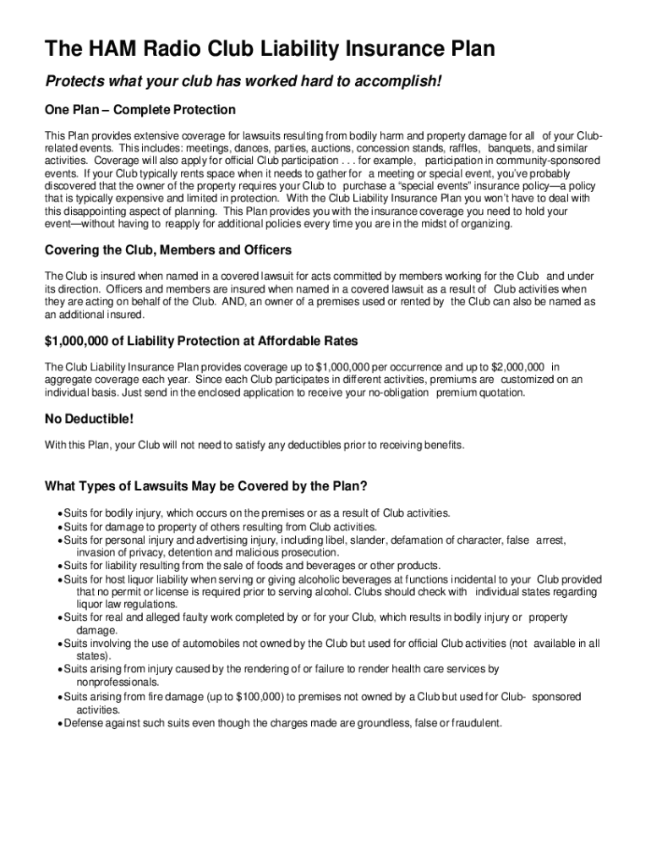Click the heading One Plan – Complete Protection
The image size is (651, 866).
coord(140,110)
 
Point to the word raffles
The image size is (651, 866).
coord(463,148)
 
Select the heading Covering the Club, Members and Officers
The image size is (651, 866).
coord(168,250)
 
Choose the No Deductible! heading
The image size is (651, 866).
coord(89,419)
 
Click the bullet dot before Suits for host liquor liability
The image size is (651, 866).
coord(59,579)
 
